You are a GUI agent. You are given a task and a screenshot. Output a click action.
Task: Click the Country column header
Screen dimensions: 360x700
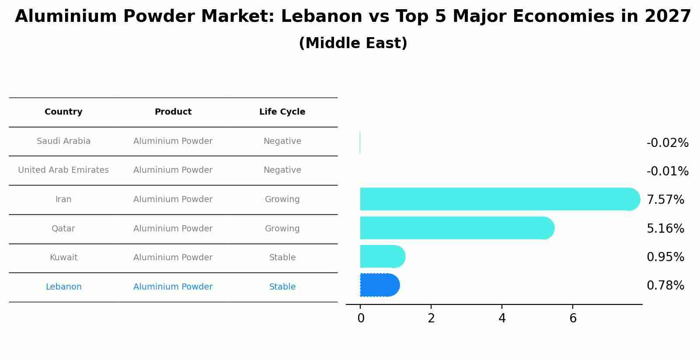point(63,112)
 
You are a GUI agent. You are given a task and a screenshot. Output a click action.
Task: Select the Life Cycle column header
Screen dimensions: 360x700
point(282,112)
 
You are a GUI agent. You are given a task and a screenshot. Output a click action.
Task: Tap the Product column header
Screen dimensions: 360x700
point(173,112)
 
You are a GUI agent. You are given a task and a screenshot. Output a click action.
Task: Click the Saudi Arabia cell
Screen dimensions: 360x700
point(63,141)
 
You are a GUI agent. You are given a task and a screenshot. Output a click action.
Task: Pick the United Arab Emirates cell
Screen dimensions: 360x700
point(63,170)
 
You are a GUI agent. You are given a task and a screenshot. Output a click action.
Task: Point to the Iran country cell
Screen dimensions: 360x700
point(63,199)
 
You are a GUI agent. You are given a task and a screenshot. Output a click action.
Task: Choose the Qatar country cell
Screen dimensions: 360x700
point(63,229)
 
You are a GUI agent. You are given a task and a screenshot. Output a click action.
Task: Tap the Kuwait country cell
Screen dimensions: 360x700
point(63,258)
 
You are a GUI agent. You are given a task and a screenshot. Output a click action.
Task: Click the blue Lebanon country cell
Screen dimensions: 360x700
point(63,287)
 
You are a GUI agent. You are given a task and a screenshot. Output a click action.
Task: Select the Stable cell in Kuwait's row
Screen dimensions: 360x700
point(282,258)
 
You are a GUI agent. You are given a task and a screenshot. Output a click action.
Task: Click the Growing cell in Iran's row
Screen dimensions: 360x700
point(282,199)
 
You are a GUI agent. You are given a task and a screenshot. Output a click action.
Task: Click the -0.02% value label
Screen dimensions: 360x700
point(667,143)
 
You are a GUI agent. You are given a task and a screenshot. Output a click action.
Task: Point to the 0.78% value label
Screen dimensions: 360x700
point(665,286)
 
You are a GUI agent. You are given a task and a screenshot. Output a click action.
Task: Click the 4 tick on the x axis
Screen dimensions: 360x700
point(502,318)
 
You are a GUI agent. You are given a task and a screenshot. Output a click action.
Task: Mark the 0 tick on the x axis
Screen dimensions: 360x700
point(361,318)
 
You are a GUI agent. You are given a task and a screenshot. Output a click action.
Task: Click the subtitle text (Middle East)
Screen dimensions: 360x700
point(353,43)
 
